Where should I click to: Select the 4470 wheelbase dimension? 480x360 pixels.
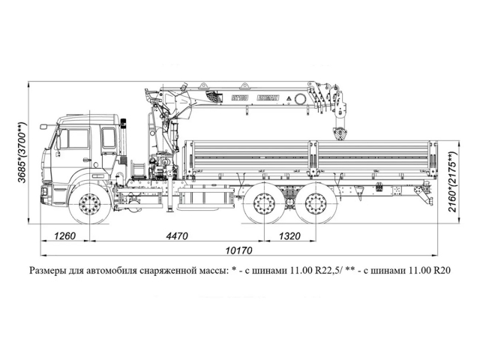[177, 236]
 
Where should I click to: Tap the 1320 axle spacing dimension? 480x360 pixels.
[289, 236]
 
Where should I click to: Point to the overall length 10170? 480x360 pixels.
[238, 250]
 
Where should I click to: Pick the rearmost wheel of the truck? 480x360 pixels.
[313, 205]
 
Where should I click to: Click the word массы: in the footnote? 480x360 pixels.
[211, 270]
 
